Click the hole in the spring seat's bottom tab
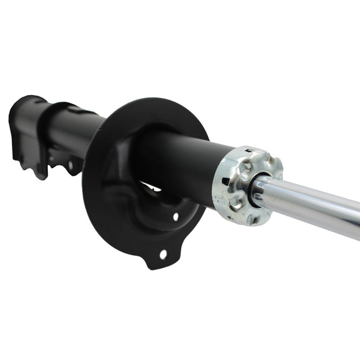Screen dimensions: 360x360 tap(163, 254)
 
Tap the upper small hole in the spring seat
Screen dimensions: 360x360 tap(176, 217)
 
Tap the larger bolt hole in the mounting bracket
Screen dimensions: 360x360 tap(70, 165)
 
